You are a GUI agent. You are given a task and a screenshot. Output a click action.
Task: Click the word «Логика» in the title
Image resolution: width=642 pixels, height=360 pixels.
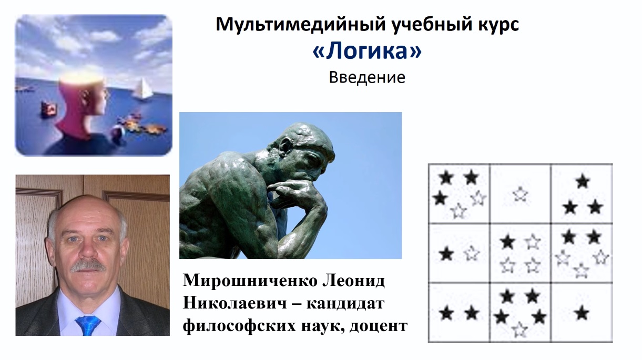pos(366,52)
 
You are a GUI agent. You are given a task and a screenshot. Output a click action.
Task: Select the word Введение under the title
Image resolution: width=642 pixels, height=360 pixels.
pos(367,78)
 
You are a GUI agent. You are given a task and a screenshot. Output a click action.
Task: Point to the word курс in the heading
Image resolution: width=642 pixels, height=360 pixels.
pos(494,25)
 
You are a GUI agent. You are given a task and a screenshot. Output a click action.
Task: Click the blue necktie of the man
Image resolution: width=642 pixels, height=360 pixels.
pos(88,324)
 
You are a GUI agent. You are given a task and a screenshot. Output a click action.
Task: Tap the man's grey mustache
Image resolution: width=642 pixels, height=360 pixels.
pos(87,265)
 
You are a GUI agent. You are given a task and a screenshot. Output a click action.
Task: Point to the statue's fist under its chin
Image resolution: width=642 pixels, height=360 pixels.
pos(294,190)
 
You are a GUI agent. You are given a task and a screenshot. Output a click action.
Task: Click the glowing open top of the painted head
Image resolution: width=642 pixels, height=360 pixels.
pos(79,78)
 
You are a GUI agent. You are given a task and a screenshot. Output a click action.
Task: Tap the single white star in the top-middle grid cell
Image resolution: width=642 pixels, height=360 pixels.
pos(520,194)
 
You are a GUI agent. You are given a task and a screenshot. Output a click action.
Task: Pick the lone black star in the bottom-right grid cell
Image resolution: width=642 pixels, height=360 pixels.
pos(581,313)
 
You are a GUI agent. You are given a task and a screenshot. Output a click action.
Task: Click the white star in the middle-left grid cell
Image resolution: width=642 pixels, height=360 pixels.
pos(472,253)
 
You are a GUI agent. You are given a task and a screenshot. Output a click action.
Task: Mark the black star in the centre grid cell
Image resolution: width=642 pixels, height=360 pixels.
pos(507,242)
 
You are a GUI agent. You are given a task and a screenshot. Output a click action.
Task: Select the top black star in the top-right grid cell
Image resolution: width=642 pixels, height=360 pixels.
pos(582,182)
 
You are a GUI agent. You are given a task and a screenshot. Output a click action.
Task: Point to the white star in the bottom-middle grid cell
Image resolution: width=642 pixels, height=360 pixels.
pos(519,330)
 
